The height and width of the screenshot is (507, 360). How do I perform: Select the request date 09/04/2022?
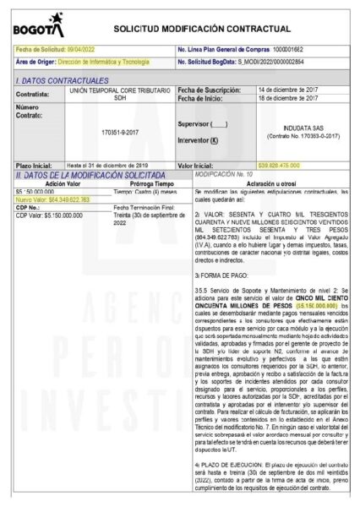point(90,50)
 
